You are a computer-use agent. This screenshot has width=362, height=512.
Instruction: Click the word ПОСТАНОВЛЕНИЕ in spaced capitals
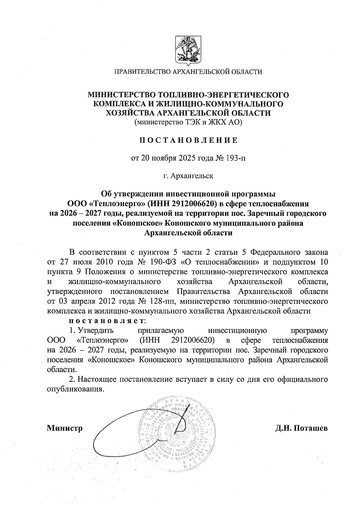tap(188, 140)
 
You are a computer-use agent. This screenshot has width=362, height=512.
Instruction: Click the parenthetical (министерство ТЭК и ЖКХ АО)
tap(188, 122)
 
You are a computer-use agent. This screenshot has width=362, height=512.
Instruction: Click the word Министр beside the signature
tap(65, 428)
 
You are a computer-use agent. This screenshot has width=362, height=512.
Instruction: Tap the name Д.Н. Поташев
tap(301, 428)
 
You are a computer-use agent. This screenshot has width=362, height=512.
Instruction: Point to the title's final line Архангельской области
tap(188, 233)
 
